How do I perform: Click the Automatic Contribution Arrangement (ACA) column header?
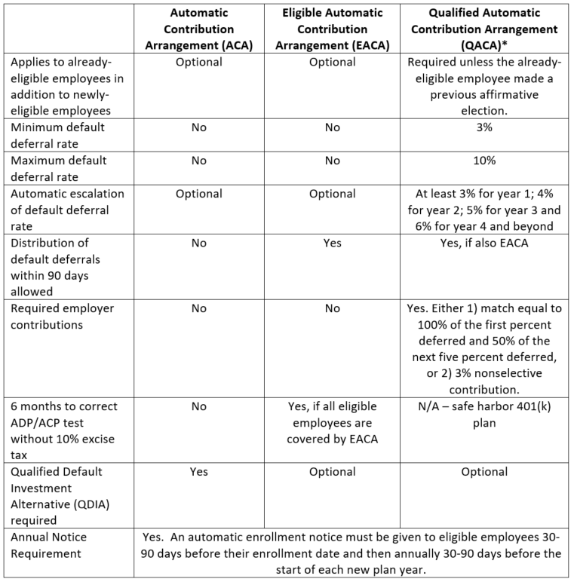pos(198,29)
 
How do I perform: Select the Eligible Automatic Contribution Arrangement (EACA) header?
pos(332,29)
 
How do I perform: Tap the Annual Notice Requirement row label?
pos(49,545)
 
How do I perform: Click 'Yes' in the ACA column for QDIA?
pos(198,472)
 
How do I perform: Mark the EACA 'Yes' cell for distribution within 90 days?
pos(332,244)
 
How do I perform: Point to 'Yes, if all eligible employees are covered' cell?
pos(332,422)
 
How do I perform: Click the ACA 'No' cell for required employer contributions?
pos(198,308)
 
